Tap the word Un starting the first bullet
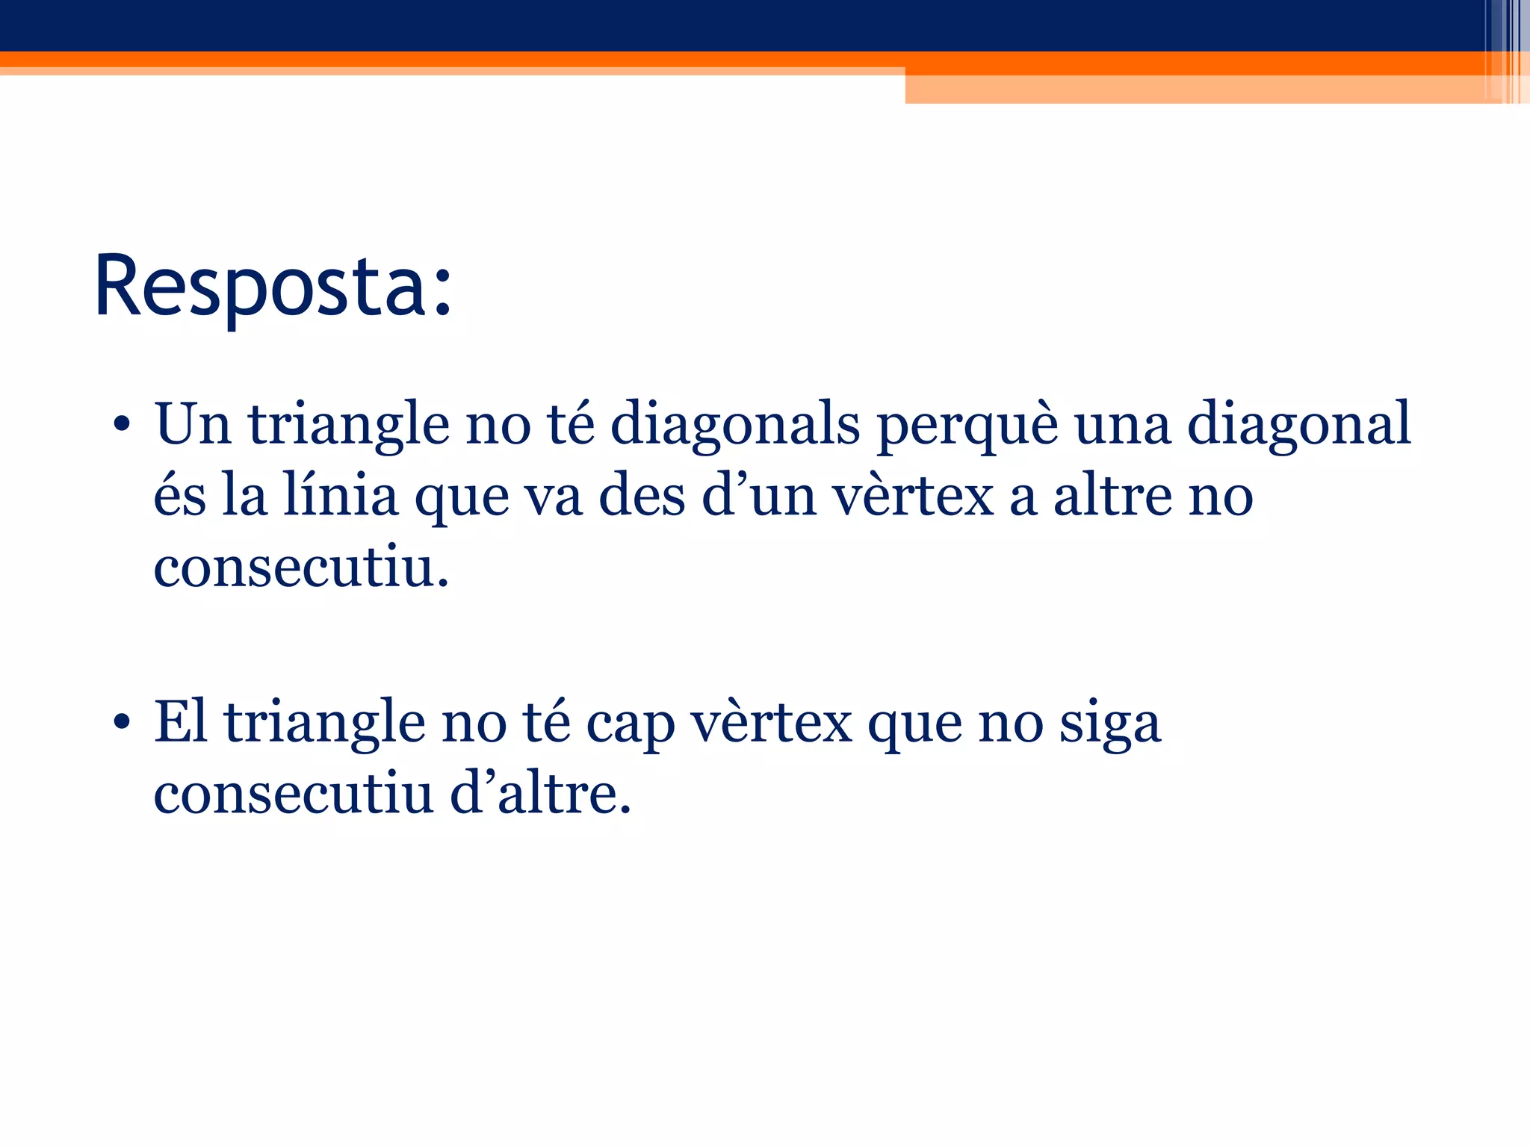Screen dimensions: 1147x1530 [x=193, y=423]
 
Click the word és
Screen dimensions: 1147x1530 [x=179, y=497]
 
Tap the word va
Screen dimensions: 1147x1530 [x=553, y=497]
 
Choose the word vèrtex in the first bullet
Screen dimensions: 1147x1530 [x=913, y=497]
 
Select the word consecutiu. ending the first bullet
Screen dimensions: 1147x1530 [x=301, y=568]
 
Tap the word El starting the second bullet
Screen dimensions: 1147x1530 [x=180, y=722]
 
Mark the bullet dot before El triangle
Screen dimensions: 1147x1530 [x=123, y=724]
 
